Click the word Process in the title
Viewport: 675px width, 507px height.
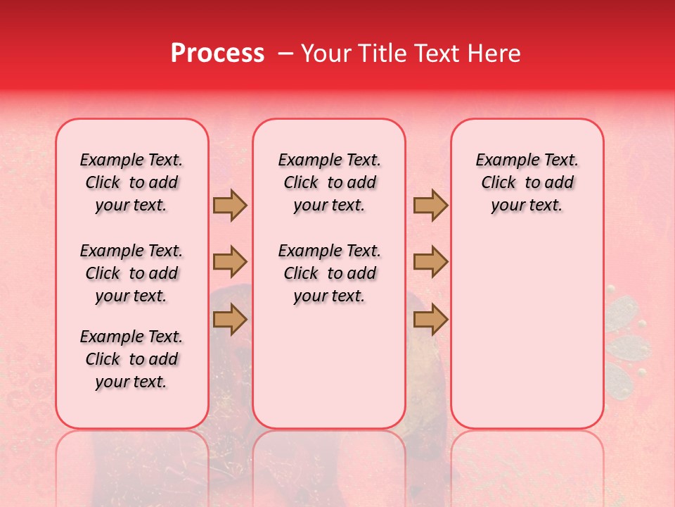click(x=217, y=54)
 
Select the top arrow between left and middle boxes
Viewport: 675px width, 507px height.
click(x=230, y=206)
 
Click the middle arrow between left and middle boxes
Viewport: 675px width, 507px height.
click(x=230, y=263)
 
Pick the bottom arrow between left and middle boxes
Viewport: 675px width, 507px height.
click(x=230, y=320)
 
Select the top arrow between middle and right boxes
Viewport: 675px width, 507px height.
click(x=430, y=206)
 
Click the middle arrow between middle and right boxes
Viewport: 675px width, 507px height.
click(x=430, y=263)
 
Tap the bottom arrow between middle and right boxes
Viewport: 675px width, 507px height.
click(x=430, y=320)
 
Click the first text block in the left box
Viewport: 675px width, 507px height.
click(x=131, y=182)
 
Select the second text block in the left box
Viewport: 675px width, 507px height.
click(x=131, y=273)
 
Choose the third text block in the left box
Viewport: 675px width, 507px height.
click(x=131, y=359)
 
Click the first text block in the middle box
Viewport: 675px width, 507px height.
click(x=329, y=182)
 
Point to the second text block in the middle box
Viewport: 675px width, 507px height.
click(x=329, y=273)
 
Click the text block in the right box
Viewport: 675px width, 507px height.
click(x=527, y=182)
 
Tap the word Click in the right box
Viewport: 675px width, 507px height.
click(x=499, y=183)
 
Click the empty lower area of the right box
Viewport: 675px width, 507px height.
click(x=527, y=331)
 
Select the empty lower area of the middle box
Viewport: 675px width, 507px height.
click(x=329, y=366)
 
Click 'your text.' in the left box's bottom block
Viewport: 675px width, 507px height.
click(x=131, y=382)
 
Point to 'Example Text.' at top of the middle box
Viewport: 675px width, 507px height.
click(x=329, y=160)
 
